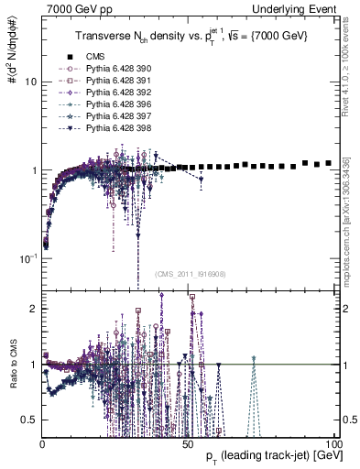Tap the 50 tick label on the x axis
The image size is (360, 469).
187,444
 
